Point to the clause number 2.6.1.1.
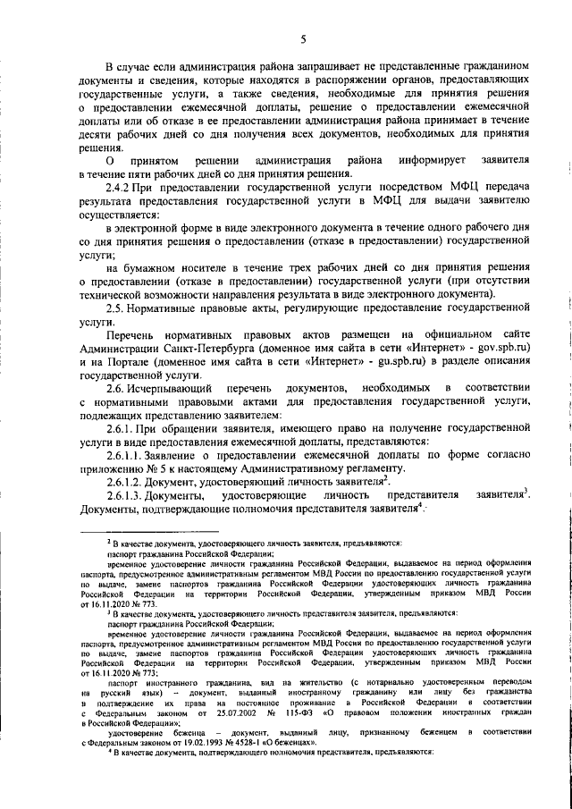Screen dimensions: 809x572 pyautogui.click(x=126, y=455)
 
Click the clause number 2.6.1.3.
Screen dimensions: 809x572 pyautogui.click(x=126, y=495)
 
